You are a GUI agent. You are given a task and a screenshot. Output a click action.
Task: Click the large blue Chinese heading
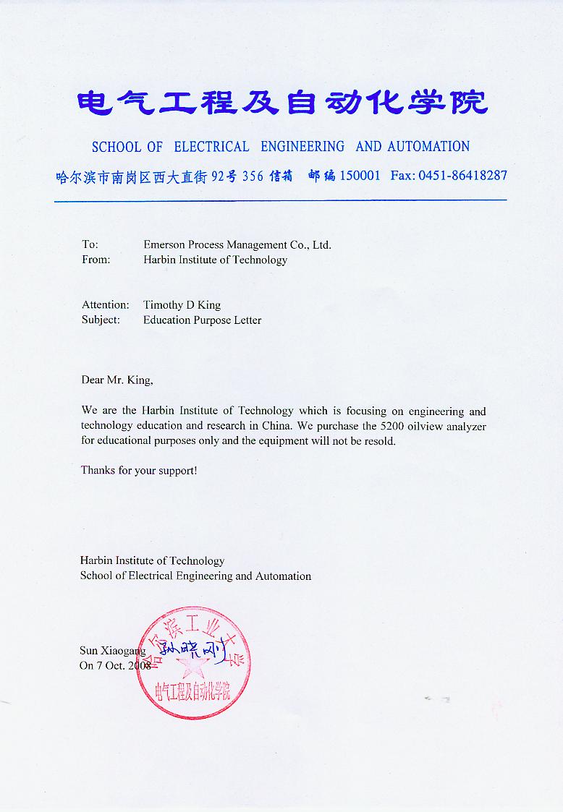click(281, 103)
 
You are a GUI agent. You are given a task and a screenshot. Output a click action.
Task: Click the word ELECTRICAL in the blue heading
click(211, 147)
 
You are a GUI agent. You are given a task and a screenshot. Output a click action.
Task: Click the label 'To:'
click(90, 245)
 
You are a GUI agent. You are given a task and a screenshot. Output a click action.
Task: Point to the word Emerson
click(164, 245)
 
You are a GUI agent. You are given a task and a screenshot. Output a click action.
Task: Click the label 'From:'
click(96, 260)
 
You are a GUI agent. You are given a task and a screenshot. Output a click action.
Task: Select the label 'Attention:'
click(105, 305)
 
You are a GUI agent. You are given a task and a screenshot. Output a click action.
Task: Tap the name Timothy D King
click(182, 305)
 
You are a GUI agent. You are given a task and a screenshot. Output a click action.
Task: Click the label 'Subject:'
click(101, 320)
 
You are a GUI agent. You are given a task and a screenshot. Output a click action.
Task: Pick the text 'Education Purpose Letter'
click(202, 320)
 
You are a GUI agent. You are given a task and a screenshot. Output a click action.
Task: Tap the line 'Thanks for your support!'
click(138, 471)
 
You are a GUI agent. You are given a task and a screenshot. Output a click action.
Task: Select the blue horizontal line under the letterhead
click(280, 200)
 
